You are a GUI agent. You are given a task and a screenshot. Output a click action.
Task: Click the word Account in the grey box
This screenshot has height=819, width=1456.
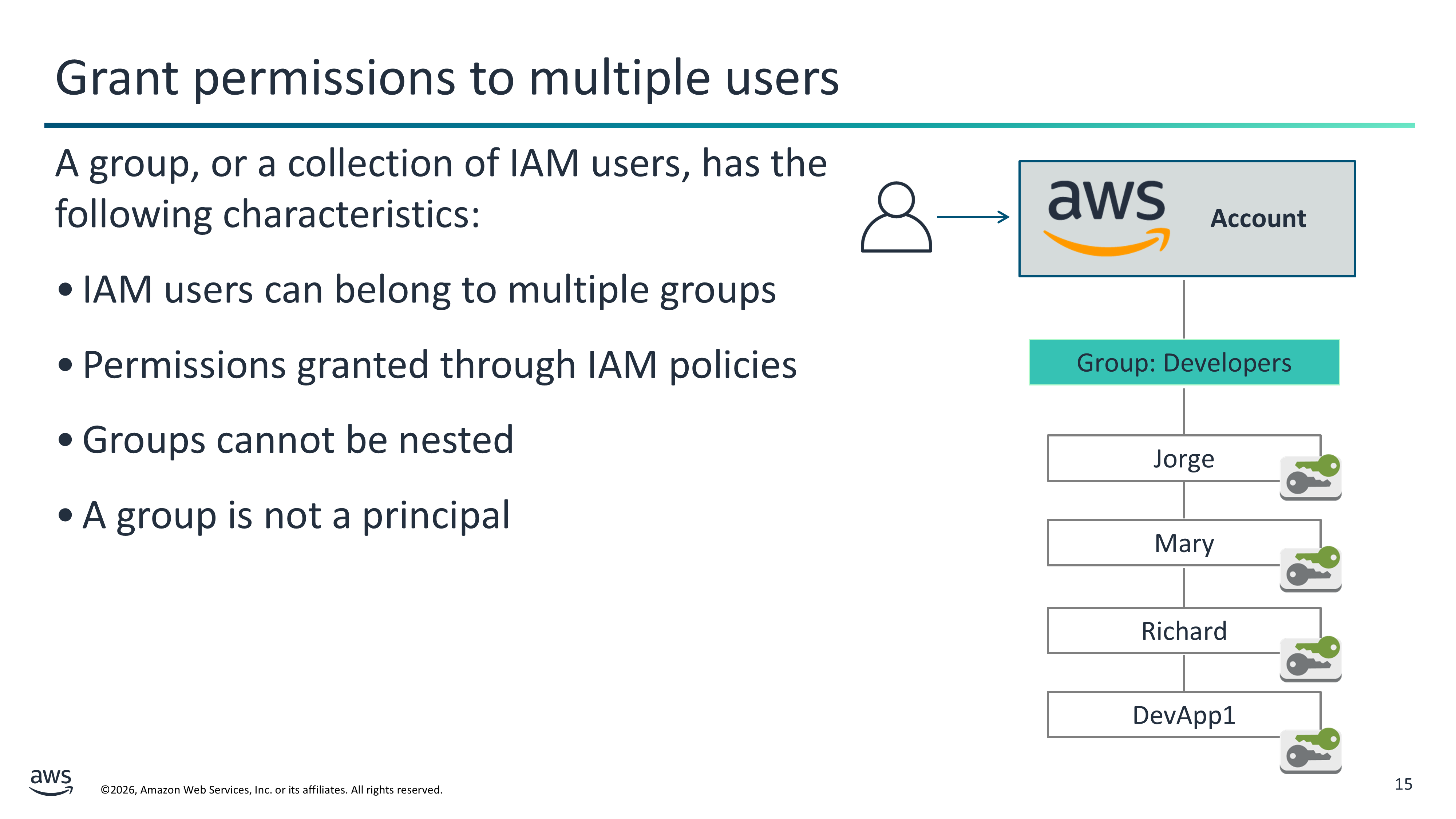1258,218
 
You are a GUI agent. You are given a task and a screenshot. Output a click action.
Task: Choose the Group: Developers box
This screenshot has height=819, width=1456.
1184,362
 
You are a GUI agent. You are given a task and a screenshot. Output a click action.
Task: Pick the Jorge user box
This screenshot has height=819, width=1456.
1184,458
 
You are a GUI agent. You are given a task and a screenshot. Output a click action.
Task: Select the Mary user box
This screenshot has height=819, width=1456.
1184,543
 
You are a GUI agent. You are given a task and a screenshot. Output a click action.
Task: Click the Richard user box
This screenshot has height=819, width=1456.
1184,630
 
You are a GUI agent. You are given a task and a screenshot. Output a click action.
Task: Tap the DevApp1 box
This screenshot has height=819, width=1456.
1184,715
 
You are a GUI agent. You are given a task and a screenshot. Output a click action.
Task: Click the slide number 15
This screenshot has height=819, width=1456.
1404,784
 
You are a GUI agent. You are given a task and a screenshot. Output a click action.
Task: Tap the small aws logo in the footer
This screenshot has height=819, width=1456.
51,782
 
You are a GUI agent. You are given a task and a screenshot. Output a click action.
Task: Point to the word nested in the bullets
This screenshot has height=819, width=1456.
456,440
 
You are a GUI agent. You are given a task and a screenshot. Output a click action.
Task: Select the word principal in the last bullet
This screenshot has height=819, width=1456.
436,516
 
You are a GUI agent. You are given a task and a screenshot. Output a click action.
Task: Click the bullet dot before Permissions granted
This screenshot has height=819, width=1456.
65,365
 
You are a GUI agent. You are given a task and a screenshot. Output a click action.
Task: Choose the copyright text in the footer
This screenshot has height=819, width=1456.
271,790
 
